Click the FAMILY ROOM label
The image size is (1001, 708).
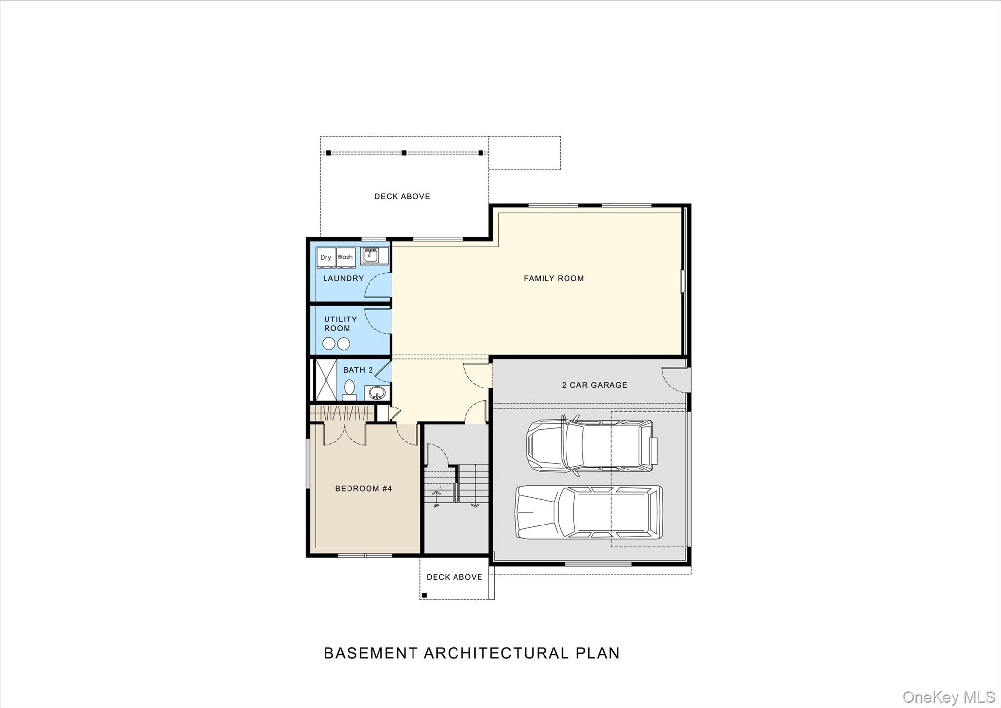click(x=554, y=278)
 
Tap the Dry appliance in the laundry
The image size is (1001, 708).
click(x=326, y=258)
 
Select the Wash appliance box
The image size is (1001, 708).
click(x=345, y=257)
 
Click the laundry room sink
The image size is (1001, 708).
click(x=370, y=255)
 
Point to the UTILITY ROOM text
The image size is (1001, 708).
click(x=340, y=323)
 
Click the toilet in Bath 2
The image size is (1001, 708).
click(x=349, y=389)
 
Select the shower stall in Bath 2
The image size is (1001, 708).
click(x=326, y=380)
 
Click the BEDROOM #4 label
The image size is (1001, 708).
click(x=363, y=488)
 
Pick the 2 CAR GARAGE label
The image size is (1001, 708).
click(x=594, y=385)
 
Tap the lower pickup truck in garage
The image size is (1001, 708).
click(x=589, y=512)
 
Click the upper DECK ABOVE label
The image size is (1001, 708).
click(x=402, y=196)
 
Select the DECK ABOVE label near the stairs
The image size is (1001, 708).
click(x=454, y=577)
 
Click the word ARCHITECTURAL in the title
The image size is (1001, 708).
click(x=496, y=653)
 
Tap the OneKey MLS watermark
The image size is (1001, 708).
click(x=948, y=697)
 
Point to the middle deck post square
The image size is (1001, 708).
click(x=404, y=153)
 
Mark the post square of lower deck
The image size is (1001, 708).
click(x=424, y=595)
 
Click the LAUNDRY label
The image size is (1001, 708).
click(x=343, y=278)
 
